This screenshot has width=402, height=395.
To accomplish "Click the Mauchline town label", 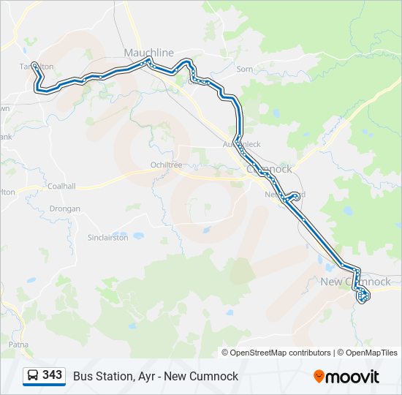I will [149, 53].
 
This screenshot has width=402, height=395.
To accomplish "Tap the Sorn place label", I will [244, 69].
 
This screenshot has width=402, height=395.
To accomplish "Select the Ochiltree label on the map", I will [166, 165].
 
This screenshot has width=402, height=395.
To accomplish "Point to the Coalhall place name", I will [61, 187].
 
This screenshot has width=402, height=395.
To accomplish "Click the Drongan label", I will [65, 208].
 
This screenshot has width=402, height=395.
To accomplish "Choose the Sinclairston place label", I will [108, 238].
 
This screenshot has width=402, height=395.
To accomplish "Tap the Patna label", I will [18, 343].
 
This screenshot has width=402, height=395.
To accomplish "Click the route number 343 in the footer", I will [53, 375].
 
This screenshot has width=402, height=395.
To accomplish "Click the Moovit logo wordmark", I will [352, 377].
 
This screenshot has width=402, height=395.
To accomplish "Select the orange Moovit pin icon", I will [319, 376].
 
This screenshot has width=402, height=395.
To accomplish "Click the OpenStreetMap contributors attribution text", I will [276, 353].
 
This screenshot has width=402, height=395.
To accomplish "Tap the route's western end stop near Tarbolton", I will [34, 64].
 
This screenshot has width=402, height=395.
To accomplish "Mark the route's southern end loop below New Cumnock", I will [363, 296].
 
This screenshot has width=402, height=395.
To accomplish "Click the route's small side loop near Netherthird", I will [294, 196].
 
